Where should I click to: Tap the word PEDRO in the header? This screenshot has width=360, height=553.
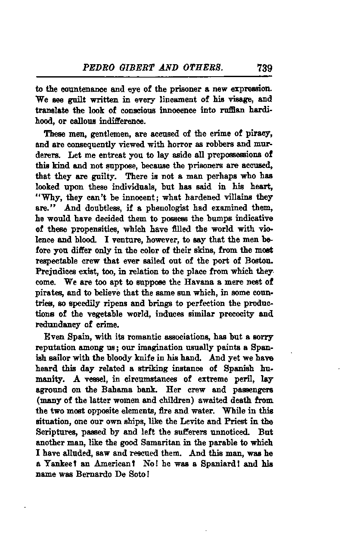tap(97, 68)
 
